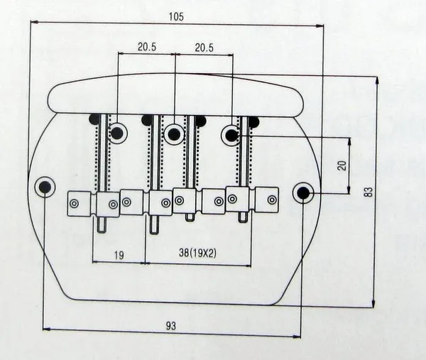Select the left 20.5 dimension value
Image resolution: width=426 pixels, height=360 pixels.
coord(148,47)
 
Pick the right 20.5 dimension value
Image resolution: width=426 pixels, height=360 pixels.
coord(204,47)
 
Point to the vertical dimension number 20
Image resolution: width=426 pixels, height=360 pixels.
coord(342,165)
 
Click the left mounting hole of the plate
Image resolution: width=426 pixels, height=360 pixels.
coord(45,187)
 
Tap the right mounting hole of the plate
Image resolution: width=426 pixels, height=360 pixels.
coord(304,192)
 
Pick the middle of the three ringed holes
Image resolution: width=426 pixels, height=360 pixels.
coord(175,133)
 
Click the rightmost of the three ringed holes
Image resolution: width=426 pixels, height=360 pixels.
coord(231,134)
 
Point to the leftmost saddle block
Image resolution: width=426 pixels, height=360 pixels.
coord(80,203)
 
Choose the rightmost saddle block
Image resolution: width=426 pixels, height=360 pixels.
coord(266,200)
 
